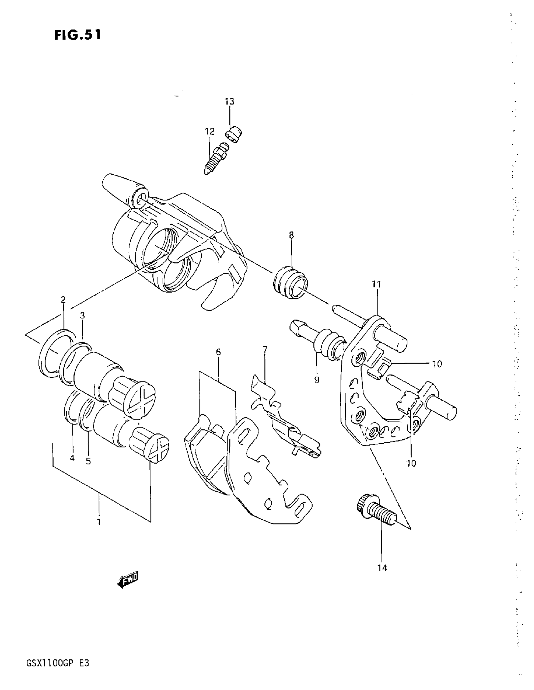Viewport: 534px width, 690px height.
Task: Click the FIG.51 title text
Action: pyautogui.click(x=78, y=35)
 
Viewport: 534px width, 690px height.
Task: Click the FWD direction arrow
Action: pyautogui.click(x=128, y=580)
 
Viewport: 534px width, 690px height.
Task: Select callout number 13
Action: pyautogui.click(x=230, y=101)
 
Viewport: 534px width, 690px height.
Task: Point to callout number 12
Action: pyautogui.click(x=210, y=131)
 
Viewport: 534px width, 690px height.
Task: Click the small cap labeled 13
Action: pyautogui.click(x=235, y=134)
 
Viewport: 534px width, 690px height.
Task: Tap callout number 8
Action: pyautogui.click(x=291, y=235)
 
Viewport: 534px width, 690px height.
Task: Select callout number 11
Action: pyautogui.click(x=377, y=284)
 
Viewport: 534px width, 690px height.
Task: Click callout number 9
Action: pyautogui.click(x=317, y=380)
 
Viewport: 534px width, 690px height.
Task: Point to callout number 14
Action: pyautogui.click(x=382, y=568)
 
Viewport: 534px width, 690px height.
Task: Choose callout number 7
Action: pyautogui.click(x=265, y=349)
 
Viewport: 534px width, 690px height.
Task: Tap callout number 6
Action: pyautogui.click(x=218, y=352)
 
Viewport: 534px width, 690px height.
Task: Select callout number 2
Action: pyautogui.click(x=63, y=299)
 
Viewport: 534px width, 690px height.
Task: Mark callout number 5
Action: pyautogui.click(x=88, y=461)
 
